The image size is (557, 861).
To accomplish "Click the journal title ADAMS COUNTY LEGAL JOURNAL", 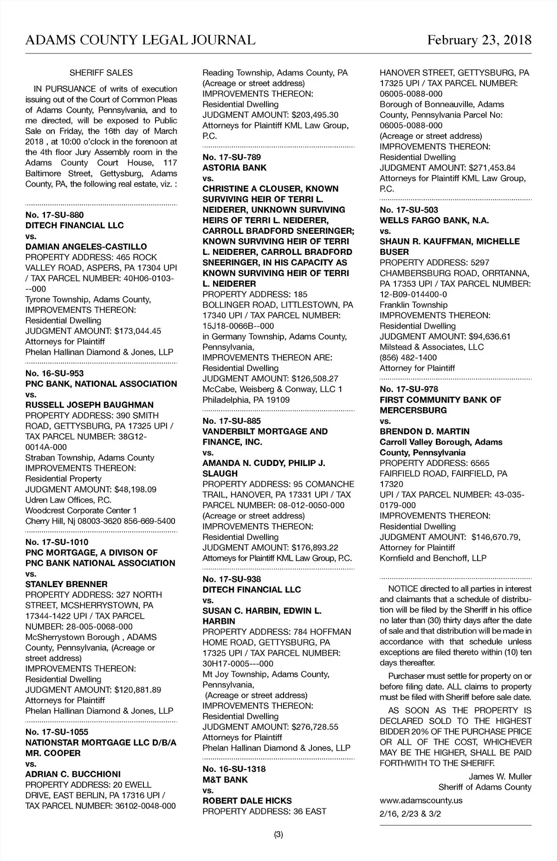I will [x=140, y=40].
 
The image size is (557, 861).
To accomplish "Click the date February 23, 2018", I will [x=479, y=40].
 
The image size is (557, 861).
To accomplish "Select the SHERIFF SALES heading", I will [x=101, y=73].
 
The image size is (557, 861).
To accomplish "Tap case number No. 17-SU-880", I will [x=54, y=215].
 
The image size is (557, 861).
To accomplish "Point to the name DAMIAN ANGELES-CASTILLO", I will [x=86, y=246].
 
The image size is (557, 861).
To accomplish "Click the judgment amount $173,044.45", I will [x=138, y=331].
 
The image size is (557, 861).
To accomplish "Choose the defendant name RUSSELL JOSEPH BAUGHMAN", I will [x=89, y=405].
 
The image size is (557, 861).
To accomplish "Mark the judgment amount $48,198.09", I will [x=136, y=489].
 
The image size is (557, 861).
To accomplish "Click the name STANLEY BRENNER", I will [x=66, y=584].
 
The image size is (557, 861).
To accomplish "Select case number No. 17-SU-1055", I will [x=57, y=732].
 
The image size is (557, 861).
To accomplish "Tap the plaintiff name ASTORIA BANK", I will [x=234, y=168].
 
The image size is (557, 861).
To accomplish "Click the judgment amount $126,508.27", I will [x=315, y=378].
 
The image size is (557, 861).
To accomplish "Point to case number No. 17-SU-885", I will [x=232, y=421].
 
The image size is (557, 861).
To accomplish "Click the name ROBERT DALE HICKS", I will [x=247, y=801].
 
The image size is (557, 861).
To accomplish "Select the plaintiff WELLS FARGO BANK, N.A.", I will [x=434, y=220].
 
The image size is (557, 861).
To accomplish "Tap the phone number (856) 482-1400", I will [x=408, y=357].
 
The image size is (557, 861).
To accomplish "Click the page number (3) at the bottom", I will [x=278, y=835].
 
